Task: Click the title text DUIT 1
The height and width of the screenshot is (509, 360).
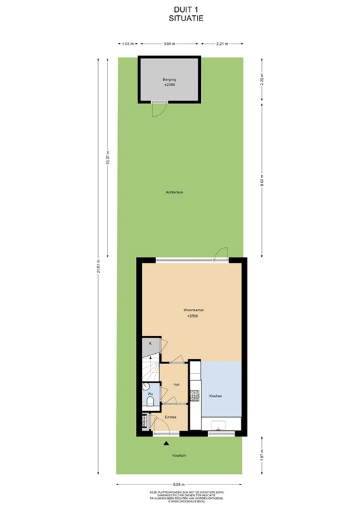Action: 180,9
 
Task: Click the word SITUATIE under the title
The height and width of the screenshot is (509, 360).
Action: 180,19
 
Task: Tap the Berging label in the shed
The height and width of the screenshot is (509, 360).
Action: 169,80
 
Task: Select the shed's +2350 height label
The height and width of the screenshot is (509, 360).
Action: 169,86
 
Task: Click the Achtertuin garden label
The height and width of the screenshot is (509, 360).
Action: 175,192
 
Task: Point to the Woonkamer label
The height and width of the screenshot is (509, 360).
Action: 193,310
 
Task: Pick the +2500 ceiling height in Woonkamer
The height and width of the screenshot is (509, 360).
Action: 193,317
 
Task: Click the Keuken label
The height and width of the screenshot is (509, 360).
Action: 215,396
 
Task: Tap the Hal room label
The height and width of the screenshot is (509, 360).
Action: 176,384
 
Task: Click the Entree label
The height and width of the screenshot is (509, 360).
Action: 170,417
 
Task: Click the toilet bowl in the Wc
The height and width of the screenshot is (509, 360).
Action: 150,401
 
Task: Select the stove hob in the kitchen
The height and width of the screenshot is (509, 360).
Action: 195,396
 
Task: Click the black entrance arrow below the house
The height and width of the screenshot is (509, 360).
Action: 167,443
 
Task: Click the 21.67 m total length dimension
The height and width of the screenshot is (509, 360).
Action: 98,265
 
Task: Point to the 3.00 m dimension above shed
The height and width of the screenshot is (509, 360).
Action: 169,44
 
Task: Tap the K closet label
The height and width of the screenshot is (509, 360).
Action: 150,343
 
